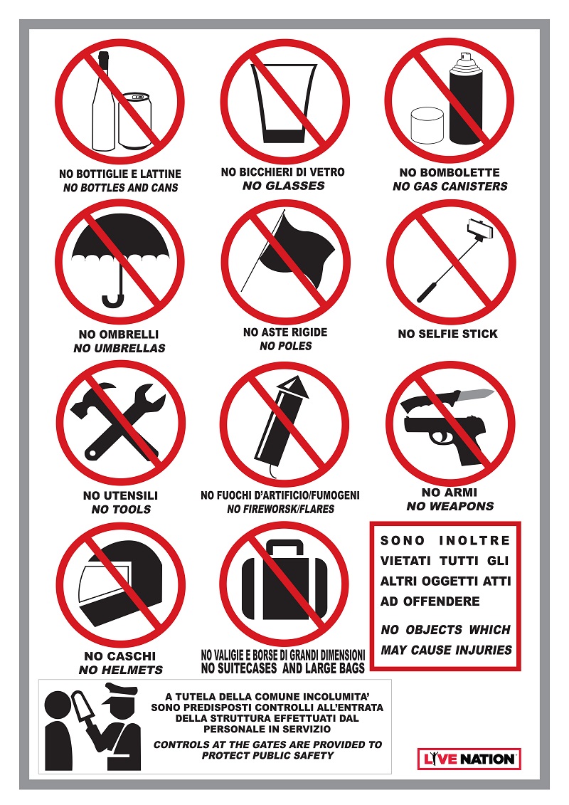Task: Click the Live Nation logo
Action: coord(469,759)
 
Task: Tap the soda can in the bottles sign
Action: coord(135,121)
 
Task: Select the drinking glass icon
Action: coord(284,102)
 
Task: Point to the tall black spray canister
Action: coord(467,98)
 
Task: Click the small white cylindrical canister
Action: coord(427,126)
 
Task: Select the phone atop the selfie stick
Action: coord(480,229)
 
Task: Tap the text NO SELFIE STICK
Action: coord(448,334)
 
